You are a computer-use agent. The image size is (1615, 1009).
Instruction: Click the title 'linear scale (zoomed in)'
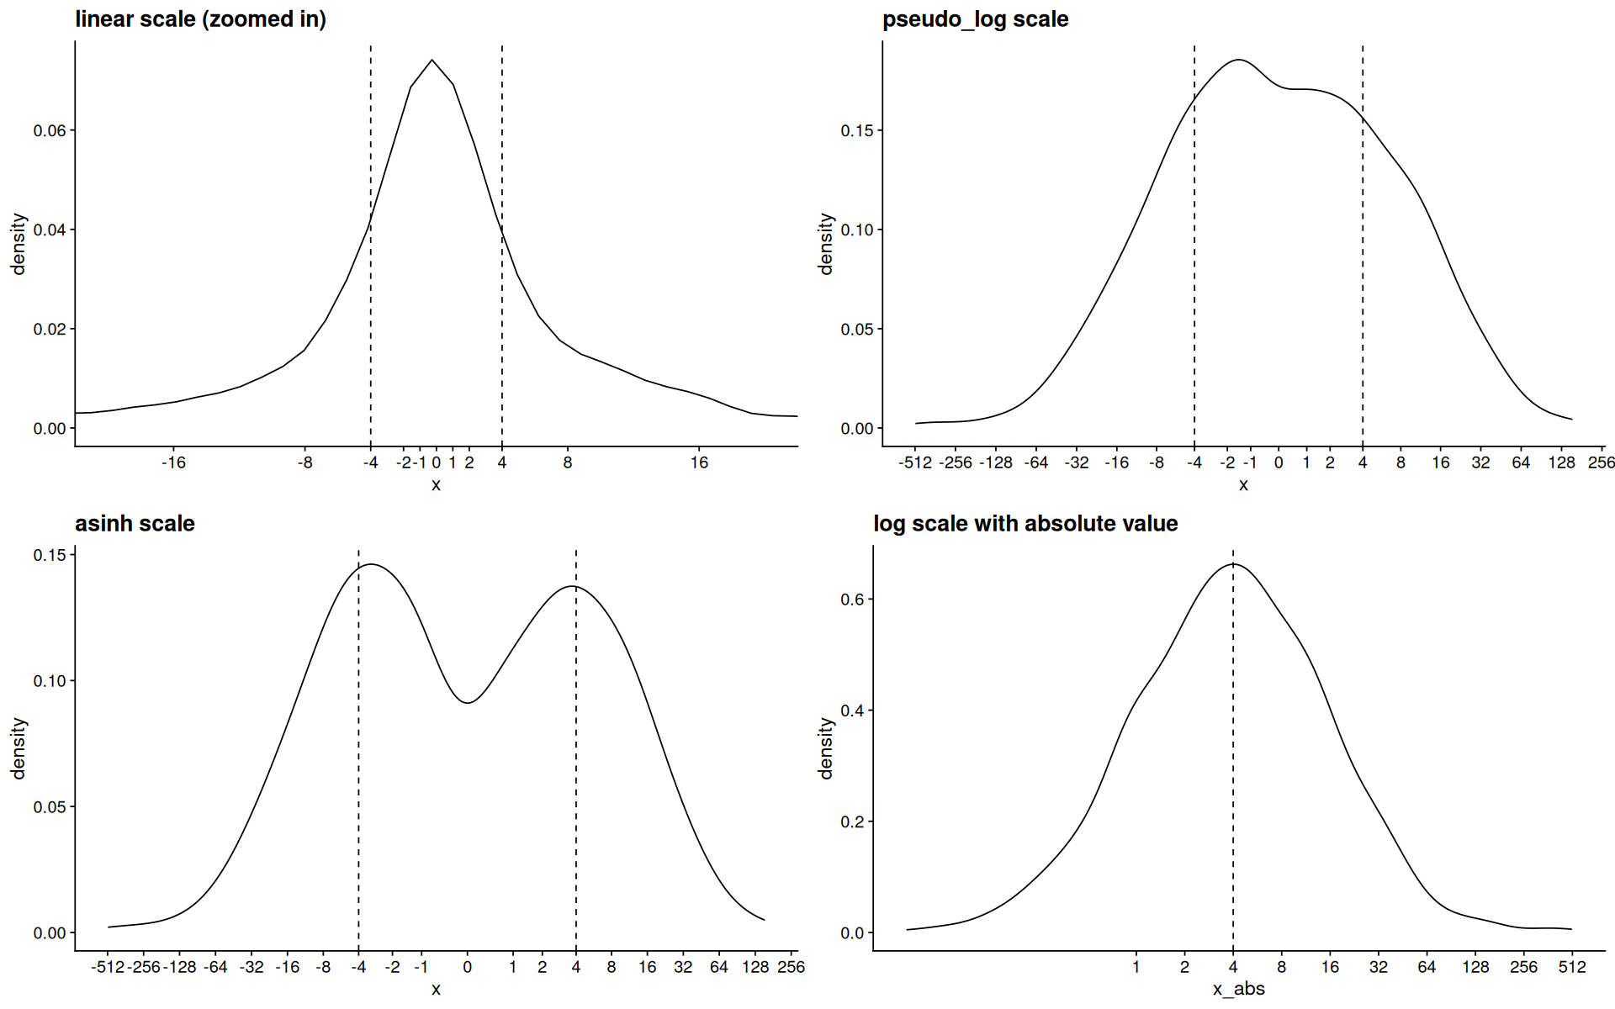coord(200,19)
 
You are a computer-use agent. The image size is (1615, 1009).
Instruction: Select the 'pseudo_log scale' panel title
coord(975,19)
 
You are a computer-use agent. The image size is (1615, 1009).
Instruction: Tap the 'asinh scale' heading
coord(135,524)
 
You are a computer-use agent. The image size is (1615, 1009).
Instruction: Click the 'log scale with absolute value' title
coord(1025,524)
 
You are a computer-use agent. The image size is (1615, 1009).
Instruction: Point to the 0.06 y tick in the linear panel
coord(50,130)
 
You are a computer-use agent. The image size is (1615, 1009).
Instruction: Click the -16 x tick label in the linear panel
coord(173,462)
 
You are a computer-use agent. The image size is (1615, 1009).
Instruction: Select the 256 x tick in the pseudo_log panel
coord(1601,462)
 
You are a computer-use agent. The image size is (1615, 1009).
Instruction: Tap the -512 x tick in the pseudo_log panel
coord(915,462)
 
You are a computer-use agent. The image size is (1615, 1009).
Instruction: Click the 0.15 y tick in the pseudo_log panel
coord(857,130)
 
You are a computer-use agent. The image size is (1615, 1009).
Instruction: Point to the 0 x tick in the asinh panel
coord(468,967)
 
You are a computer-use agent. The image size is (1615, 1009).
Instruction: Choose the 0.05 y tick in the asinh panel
coord(50,806)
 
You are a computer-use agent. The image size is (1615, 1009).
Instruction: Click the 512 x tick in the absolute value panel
coord(1571,967)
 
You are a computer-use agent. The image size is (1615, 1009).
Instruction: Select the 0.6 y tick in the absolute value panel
coord(852,600)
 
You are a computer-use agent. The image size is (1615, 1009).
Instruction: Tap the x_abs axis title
coord(1238,990)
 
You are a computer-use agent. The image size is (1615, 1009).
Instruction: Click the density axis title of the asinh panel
coord(19,748)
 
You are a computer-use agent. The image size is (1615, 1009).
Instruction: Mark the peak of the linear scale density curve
coord(432,61)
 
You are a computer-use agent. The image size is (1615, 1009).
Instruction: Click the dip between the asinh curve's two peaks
coord(468,702)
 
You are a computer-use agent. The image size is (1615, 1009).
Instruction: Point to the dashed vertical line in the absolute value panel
coord(1233,757)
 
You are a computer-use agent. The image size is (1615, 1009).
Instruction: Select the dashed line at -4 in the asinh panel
coord(358,757)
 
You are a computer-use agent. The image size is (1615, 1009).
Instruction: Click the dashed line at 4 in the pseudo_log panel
coord(1363,269)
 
